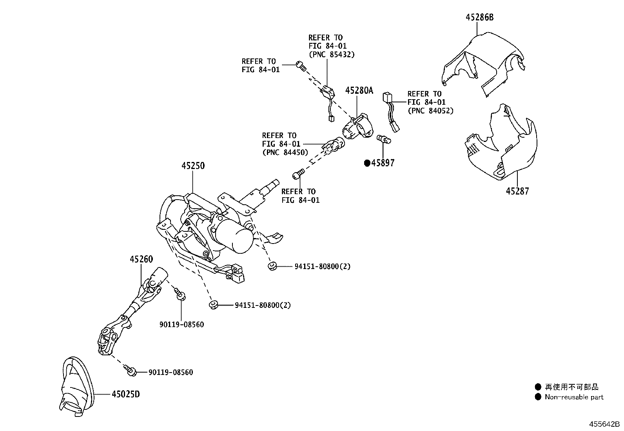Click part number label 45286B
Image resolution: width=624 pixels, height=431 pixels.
coord(479,17)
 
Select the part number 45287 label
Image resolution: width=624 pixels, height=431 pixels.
coord(517,191)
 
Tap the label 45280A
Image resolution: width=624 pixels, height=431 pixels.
coord(359,91)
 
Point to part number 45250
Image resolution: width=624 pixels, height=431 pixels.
coord(193,166)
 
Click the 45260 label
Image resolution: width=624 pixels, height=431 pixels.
coord(141,259)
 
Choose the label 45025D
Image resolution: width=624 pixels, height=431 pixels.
coord(125,394)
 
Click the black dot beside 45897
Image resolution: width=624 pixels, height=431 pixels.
coord(367,163)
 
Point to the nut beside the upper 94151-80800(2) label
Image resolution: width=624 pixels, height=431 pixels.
coord(271,267)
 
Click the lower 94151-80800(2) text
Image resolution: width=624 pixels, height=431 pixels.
coord(263,305)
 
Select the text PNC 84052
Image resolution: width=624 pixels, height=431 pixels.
coord(430,111)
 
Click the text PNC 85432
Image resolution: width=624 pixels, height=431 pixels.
coord(331,55)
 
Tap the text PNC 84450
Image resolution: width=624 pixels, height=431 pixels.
coord(285,153)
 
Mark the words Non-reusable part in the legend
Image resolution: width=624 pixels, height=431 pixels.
coord(574,397)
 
